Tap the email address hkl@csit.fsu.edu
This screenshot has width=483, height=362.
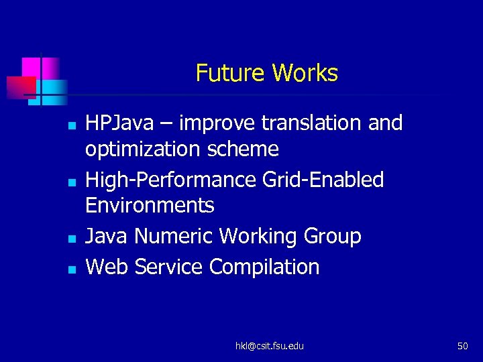click(269, 346)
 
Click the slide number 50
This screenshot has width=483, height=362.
click(462, 346)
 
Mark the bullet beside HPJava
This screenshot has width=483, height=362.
click(71, 125)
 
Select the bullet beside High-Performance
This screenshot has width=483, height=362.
click(71, 182)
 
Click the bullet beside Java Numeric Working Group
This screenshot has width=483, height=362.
click(71, 238)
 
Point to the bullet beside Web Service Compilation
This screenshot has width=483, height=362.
click(71, 269)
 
